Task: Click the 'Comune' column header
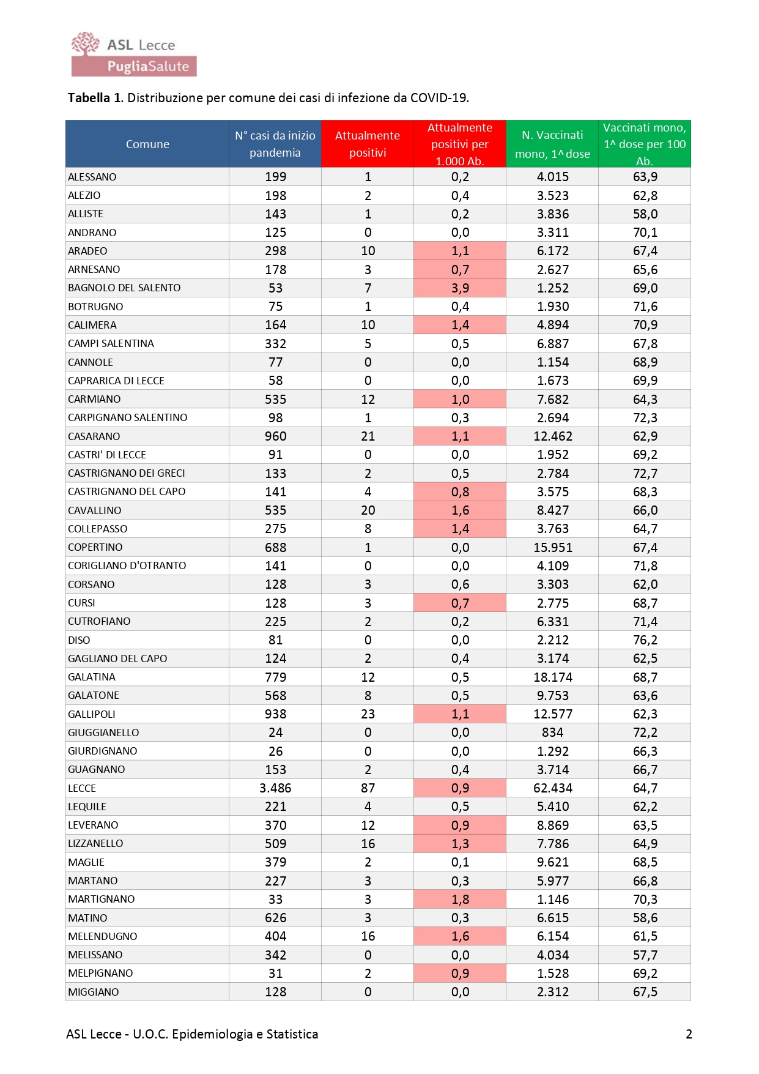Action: tap(147, 144)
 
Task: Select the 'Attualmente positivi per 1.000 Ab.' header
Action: tap(460, 144)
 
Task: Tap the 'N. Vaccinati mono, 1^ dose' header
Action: tap(552, 144)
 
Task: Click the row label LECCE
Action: tap(82, 788)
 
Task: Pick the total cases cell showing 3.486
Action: tap(275, 788)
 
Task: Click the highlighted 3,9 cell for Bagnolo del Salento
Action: tap(460, 288)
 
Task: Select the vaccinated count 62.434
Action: tap(552, 788)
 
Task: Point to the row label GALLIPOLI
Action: tap(92, 714)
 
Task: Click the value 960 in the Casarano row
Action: tap(275, 436)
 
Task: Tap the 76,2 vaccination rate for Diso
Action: tap(645, 640)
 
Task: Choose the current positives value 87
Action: tap(368, 788)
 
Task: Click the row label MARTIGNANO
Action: tap(102, 899)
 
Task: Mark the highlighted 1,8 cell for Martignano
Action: tap(460, 899)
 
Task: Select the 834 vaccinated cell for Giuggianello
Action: tap(552, 733)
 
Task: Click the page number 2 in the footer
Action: tap(689, 1034)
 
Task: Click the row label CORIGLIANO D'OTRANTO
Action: tap(127, 566)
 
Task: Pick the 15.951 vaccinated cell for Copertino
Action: tap(552, 548)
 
